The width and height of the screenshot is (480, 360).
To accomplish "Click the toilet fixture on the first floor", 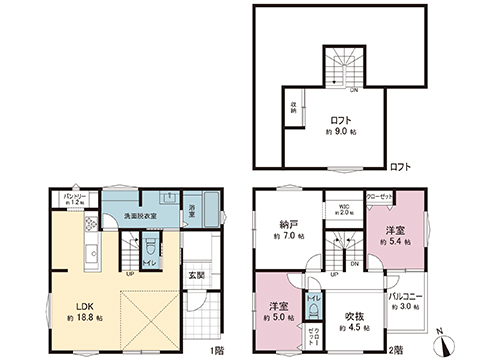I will coord(151,243).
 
